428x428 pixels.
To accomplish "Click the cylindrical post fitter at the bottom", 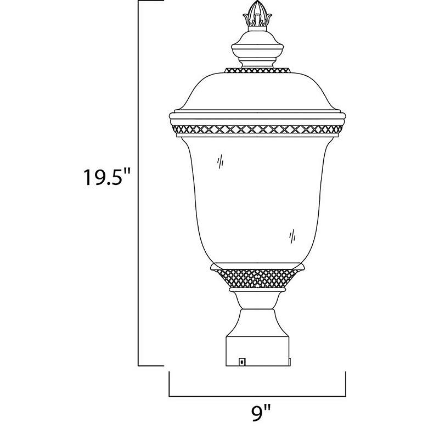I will coord(257,346).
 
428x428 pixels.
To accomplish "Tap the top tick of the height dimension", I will coord(151,2).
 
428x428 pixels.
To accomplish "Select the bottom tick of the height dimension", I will coord(151,365).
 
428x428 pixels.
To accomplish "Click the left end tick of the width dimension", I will coord(170,384).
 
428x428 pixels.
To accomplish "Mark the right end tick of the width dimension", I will coord(346,384).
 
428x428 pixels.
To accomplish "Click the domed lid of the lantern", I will coord(257,93).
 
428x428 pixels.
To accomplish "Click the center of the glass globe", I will coord(257,198).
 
